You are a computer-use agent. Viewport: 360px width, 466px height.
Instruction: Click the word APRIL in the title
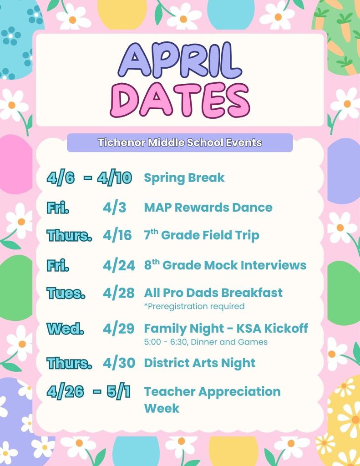point(180,61)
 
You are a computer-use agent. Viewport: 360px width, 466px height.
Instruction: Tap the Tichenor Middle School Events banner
point(180,142)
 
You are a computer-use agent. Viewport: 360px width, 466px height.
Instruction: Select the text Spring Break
point(184,177)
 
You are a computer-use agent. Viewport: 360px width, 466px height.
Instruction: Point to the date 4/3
point(114,208)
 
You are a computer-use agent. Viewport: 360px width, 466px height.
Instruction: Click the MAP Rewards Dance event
point(208,208)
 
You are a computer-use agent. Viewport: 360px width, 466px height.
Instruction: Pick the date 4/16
point(117,235)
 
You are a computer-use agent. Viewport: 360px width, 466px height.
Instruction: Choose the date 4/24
point(118,265)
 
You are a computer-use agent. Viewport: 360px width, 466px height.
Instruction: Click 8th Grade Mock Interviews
point(225,265)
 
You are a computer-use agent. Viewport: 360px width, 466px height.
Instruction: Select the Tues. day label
point(66,293)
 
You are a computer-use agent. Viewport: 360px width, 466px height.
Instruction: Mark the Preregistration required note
point(194,306)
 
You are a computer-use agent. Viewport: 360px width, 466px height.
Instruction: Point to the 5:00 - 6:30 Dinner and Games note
point(206,342)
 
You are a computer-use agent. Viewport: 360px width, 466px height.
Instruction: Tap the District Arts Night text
point(199,363)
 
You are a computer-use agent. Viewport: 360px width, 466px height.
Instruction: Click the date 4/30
point(119,363)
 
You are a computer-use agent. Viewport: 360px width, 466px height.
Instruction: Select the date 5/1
point(118,392)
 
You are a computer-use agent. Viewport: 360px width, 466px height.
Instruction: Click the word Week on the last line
point(162,408)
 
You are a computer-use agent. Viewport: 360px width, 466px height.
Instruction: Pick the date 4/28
point(118,293)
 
